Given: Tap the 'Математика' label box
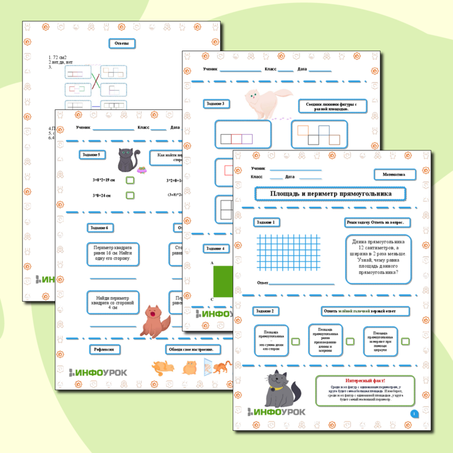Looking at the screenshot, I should (395, 175).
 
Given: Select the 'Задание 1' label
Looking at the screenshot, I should (265, 222).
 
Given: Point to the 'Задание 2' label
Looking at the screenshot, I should (265, 311).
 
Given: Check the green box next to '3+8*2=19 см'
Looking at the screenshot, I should (130, 180).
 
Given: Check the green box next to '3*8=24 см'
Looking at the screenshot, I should (130, 196).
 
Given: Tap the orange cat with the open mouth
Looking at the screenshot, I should (154, 320).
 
